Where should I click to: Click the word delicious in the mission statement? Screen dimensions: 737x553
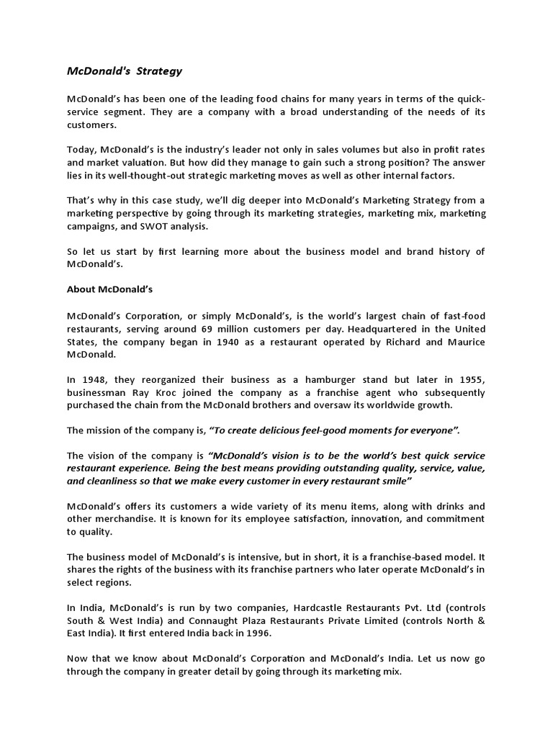point(273,430)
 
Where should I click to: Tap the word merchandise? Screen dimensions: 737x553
point(117,519)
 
